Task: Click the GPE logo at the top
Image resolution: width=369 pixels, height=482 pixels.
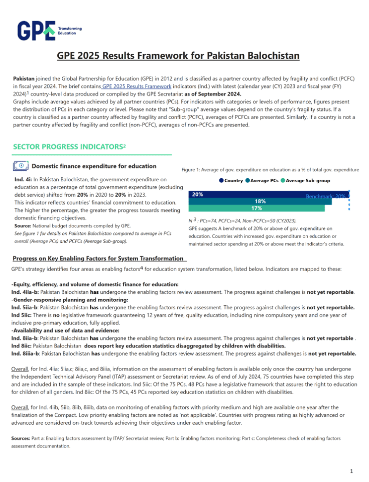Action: point(49,30)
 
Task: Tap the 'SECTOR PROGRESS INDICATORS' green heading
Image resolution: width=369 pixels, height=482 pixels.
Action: point(68,147)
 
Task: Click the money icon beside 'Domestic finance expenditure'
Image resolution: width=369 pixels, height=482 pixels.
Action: point(21,166)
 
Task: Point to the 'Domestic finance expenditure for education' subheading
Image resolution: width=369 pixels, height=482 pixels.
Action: point(93,166)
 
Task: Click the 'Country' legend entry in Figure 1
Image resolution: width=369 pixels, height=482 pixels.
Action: point(231,181)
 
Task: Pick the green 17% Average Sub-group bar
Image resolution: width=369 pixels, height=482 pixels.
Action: point(256,208)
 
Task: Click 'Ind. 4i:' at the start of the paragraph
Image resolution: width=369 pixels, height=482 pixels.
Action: point(22,179)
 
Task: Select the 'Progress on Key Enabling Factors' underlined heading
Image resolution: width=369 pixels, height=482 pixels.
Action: point(98,259)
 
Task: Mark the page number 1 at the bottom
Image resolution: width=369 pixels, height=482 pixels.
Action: point(351,471)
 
